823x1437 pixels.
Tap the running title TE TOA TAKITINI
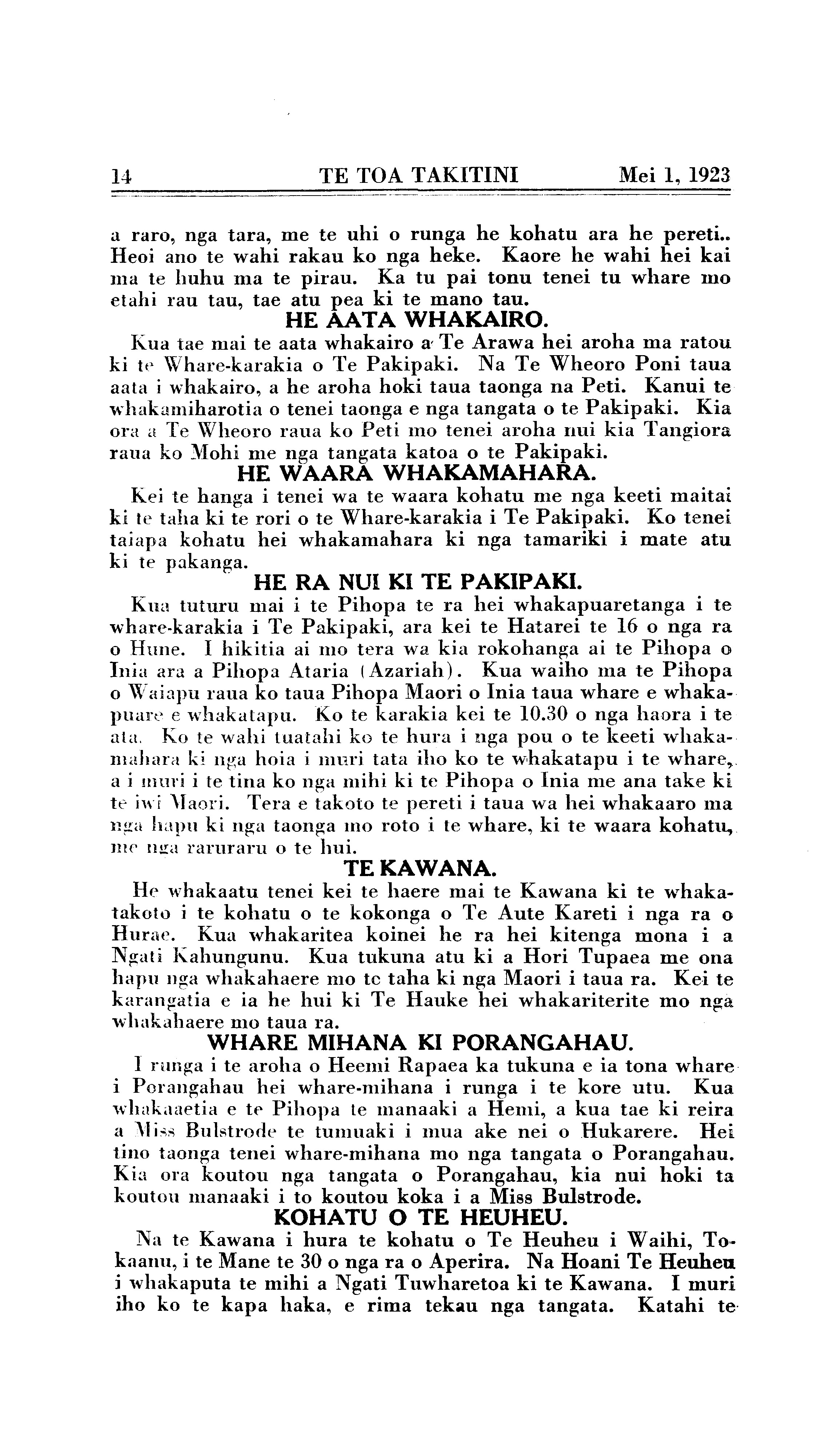(419, 176)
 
